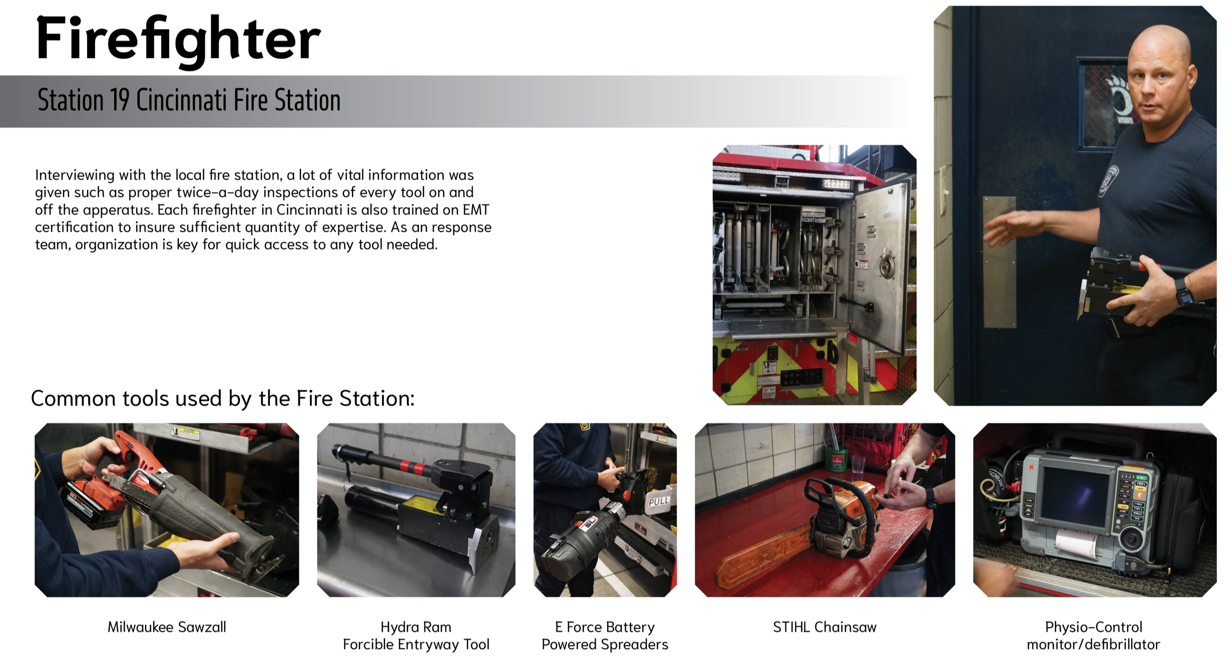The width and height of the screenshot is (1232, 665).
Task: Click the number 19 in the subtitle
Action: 120,100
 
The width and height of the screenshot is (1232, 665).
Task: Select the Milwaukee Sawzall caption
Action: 167,627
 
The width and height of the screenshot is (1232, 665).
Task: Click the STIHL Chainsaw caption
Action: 825,627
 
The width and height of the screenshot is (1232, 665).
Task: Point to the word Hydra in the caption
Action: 399,627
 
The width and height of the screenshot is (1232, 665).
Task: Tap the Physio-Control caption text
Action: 1093,627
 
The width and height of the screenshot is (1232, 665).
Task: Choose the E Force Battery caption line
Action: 605,627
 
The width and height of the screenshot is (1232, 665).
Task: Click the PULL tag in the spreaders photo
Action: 659,501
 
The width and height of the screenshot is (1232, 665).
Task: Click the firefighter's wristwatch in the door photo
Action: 1184,291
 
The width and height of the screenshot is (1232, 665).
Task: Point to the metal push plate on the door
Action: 999,262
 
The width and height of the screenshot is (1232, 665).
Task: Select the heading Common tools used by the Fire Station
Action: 223,399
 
